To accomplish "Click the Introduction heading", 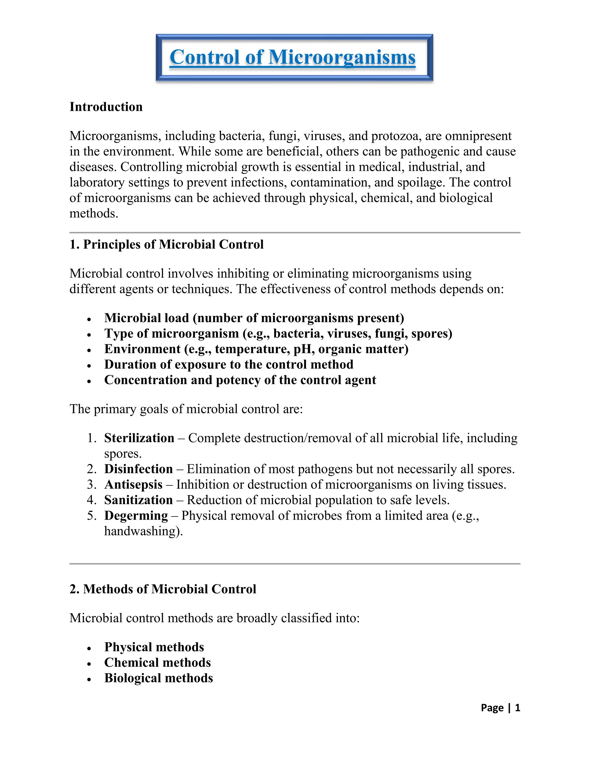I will (106, 107).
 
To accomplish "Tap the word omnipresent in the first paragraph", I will (478, 136).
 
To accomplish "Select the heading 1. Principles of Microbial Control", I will (167, 244).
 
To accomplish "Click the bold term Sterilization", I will (139, 438).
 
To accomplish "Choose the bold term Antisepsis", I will (133, 485).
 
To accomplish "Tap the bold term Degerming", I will (136, 516).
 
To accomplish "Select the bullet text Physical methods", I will (154, 647).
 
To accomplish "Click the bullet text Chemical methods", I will (157, 663).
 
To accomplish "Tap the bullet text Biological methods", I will (158, 678).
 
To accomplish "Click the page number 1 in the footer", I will (517, 708).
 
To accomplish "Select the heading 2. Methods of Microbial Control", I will (163, 589).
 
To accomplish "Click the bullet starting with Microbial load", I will (254, 318).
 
